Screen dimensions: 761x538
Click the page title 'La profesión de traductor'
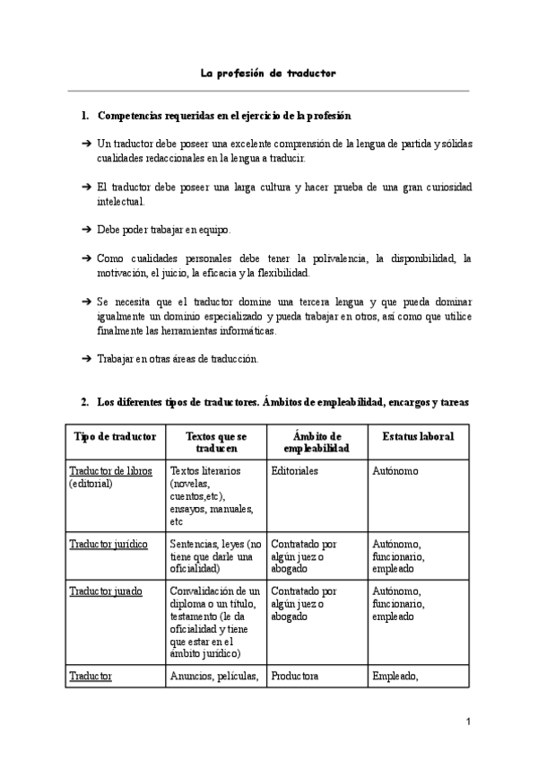268,73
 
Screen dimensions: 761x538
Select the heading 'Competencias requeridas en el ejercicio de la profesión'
223,117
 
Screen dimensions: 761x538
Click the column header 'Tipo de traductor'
115,436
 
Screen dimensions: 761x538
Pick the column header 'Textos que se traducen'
216,442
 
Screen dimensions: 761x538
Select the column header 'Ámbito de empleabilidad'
317,442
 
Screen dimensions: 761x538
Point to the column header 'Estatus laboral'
417,436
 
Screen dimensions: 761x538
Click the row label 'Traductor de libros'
110,471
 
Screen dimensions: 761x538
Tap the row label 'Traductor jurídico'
108,544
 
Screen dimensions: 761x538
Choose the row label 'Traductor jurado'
105,592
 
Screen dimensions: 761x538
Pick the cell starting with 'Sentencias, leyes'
216,555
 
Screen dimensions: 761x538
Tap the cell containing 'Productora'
295,677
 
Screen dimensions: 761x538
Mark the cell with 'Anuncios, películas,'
213,677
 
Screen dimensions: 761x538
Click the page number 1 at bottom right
467,722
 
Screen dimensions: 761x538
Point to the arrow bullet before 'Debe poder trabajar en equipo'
86,230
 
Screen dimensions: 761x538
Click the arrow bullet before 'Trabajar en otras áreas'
86,359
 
